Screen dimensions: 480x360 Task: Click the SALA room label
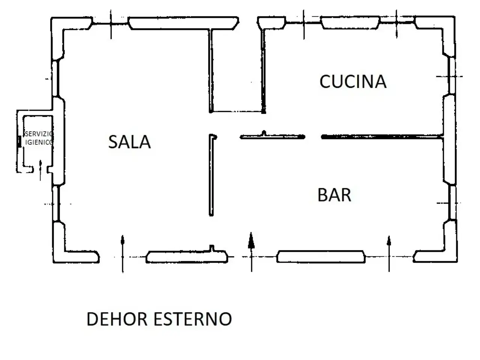click(129, 142)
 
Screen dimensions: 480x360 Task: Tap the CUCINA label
click(353, 81)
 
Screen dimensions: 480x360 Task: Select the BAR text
click(334, 195)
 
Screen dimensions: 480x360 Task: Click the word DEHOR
click(117, 319)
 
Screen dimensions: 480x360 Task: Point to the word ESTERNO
click(193, 319)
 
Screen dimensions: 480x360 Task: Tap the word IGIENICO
click(39, 142)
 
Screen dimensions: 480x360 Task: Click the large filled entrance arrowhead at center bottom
click(251, 240)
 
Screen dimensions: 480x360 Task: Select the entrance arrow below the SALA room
click(123, 254)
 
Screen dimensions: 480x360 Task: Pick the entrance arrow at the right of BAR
click(389, 254)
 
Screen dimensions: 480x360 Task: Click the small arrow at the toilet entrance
click(40, 171)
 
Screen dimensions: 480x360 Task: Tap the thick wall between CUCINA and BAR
click(382, 137)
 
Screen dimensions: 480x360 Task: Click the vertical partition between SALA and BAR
click(211, 175)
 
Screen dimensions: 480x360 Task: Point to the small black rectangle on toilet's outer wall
click(19, 141)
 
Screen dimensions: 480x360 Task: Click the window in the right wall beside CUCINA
click(451, 76)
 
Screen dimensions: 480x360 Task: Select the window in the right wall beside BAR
click(452, 202)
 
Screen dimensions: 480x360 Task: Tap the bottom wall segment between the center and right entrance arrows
click(321, 256)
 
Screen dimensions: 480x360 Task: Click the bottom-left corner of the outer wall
click(54, 262)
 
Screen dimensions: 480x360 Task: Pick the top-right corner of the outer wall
click(455, 16)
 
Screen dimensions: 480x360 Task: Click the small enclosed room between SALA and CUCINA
click(237, 70)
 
